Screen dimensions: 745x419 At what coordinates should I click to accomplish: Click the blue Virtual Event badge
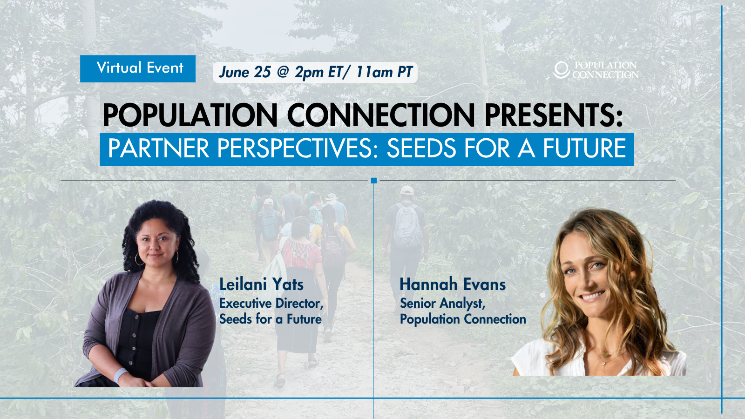(138, 68)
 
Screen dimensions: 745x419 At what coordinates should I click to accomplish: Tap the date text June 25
(245, 72)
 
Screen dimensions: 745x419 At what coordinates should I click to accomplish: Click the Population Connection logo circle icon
(561, 70)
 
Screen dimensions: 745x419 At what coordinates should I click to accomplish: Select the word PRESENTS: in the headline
(554, 115)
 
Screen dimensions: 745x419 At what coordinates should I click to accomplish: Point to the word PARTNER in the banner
(158, 149)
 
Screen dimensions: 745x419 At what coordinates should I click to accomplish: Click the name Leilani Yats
(261, 284)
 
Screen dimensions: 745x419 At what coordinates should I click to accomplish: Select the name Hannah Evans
(453, 284)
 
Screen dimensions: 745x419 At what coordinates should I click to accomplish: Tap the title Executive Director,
(271, 304)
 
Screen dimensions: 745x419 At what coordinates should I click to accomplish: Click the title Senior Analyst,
(443, 304)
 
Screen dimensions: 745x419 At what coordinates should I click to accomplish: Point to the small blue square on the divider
(374, 181)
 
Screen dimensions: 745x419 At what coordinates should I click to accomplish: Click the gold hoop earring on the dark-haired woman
(139, 259)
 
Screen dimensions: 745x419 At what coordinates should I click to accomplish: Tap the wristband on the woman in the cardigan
(120, 375)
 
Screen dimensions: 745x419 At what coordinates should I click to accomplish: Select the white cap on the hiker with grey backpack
(406, 190)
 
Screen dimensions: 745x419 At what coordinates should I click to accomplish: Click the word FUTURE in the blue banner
(585, 149)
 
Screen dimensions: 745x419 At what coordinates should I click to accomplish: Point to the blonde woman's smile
(592, 296)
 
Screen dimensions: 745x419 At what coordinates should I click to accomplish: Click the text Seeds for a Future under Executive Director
(271, 319)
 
